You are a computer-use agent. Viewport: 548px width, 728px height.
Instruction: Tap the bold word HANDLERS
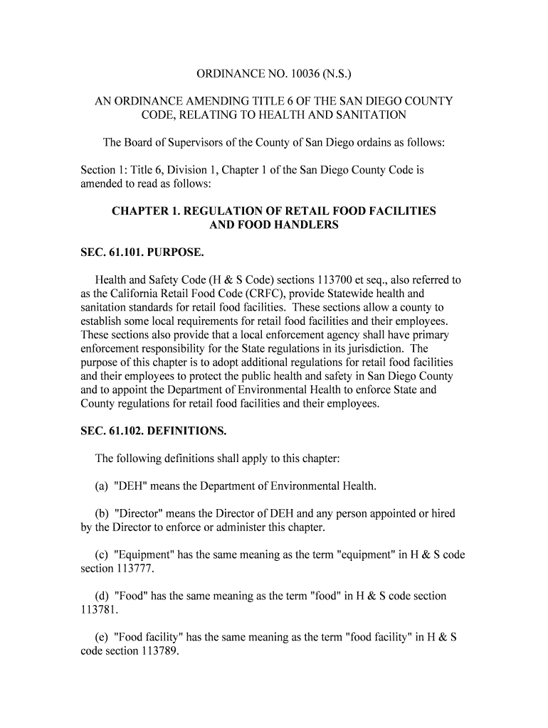click(x=305, y=225)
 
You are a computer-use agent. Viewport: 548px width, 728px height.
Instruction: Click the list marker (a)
click(x=102, y=486)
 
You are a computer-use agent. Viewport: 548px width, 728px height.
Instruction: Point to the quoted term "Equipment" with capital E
click(x=140, y=555)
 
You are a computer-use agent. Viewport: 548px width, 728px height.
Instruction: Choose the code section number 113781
click(x=98, y=610)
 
